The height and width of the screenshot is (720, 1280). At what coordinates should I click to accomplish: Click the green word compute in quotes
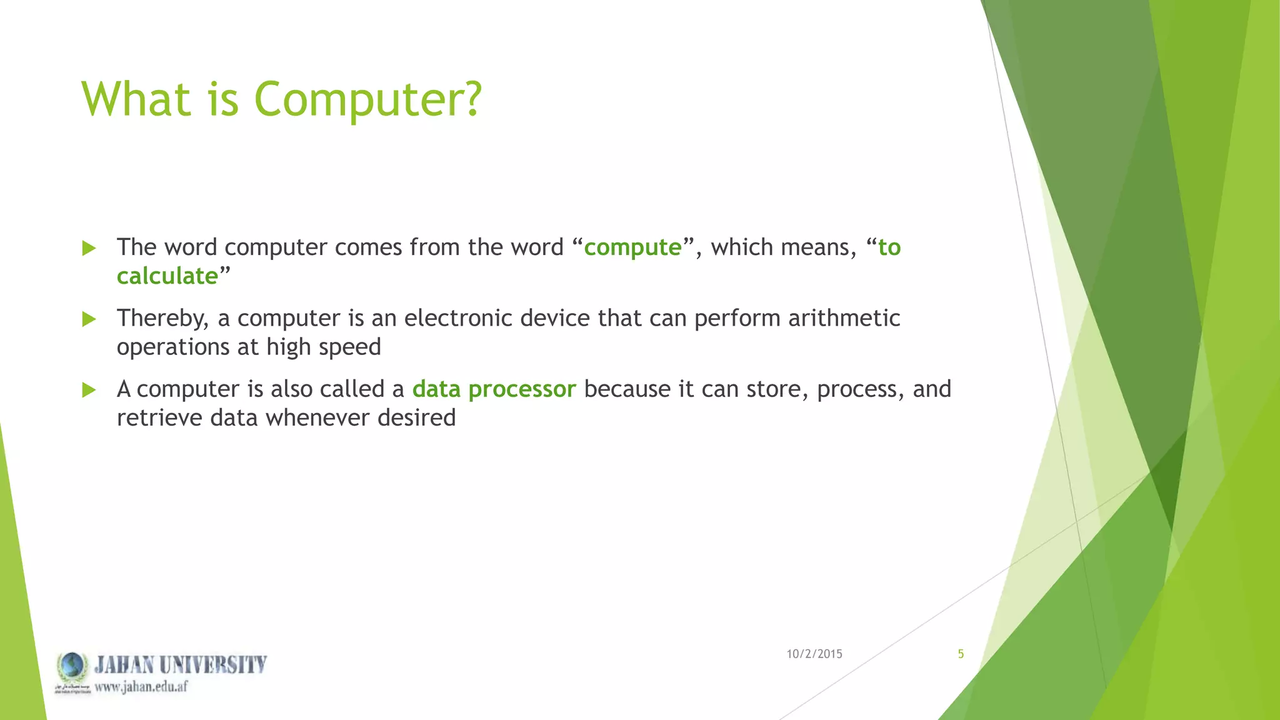click(x=632, y=248)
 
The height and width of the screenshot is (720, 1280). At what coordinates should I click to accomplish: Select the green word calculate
click(x=167, y=276)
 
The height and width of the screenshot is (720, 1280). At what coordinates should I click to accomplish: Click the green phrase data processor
click(x=494, y=389)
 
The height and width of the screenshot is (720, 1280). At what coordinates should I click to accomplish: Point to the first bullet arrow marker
click(x=89, y=248)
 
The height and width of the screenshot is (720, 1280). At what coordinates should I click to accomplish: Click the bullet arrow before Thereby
click(x=89, y=319)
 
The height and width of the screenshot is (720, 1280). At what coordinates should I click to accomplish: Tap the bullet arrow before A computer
click(x=89, y=391)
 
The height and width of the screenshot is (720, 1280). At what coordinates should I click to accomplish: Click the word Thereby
click(x=162, y=319)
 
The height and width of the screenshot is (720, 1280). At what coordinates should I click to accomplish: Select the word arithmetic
click(x=844, y=318)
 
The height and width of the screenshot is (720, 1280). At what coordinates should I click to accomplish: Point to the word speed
click(x=349, y=347)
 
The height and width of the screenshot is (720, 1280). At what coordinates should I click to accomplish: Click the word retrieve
click(x=159, y=417)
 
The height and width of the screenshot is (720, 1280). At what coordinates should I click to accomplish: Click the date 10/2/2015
click(x=814, y=654)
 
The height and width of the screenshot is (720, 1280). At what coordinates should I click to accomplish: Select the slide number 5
click(x=961, y=654)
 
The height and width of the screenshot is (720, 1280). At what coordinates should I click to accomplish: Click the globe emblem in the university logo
click(x=72, y=666)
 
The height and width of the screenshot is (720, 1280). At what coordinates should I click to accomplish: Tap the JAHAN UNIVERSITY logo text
click(x=181, y=664)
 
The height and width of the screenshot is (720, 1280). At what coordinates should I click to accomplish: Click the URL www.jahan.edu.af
click(x=141, y=687)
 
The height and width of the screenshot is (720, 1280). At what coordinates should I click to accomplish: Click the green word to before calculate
click(x=889, y=248)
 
